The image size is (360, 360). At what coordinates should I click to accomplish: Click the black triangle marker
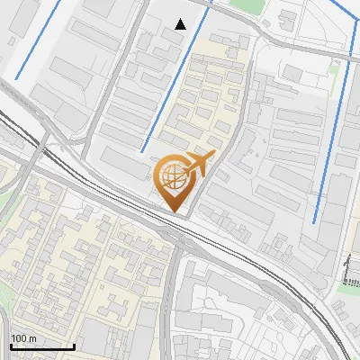pyautogui.click(x=182, y=24)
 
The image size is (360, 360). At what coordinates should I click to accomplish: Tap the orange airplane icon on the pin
pyautogui.click(x=197, y=165)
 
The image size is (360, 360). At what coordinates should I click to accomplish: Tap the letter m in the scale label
pyautogui.click(x=33, y=338)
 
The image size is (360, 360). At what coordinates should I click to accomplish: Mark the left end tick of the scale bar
pyautogui.click(x=11, y=346)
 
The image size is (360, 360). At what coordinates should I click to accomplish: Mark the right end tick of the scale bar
pyautogui.click(x=74, y=346)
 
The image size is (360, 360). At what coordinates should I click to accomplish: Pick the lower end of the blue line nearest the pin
pyautogui.click(x=142, y=151)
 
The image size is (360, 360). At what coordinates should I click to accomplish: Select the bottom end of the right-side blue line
pyautogui.click(x=313, y=222)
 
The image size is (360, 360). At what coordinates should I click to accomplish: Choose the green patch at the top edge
pyautogui.click(x=241, y=4)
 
